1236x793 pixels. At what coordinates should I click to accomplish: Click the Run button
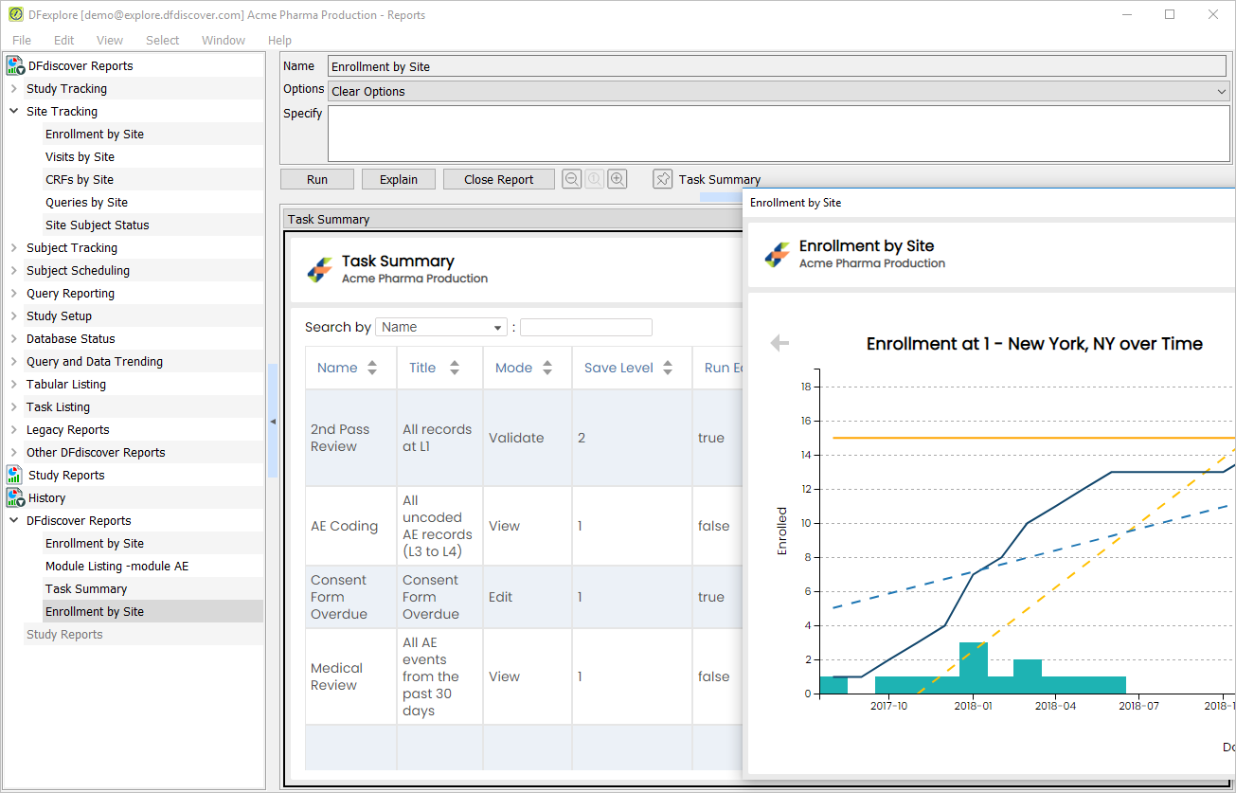click(316, 179)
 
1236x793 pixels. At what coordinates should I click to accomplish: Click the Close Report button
click(498, 179)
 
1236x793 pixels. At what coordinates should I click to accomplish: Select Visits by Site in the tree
click(80, 156)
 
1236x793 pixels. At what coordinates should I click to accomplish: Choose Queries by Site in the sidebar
click(86, 202)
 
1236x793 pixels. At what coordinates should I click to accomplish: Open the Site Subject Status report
click(98, 225)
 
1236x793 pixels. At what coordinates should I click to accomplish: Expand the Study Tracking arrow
click(14, 88)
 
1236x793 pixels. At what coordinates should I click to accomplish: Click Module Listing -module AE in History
click(117, 566)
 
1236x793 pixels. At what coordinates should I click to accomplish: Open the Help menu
click(279, 41)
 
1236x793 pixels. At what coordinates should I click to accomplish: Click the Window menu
click(223, 41)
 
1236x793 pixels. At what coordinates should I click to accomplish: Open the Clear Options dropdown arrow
click(1221, 91)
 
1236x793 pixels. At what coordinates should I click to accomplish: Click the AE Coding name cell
click(345, 526)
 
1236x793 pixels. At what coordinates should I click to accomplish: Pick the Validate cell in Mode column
click(516, 438)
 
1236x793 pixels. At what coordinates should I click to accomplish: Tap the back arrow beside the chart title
click(779, 343)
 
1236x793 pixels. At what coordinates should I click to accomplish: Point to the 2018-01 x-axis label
click(973, 706)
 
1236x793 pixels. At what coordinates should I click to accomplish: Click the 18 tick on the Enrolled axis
click(806, 387)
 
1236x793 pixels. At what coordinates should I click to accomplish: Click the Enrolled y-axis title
click(782, 531)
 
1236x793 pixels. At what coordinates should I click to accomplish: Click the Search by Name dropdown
click(440, 327)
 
